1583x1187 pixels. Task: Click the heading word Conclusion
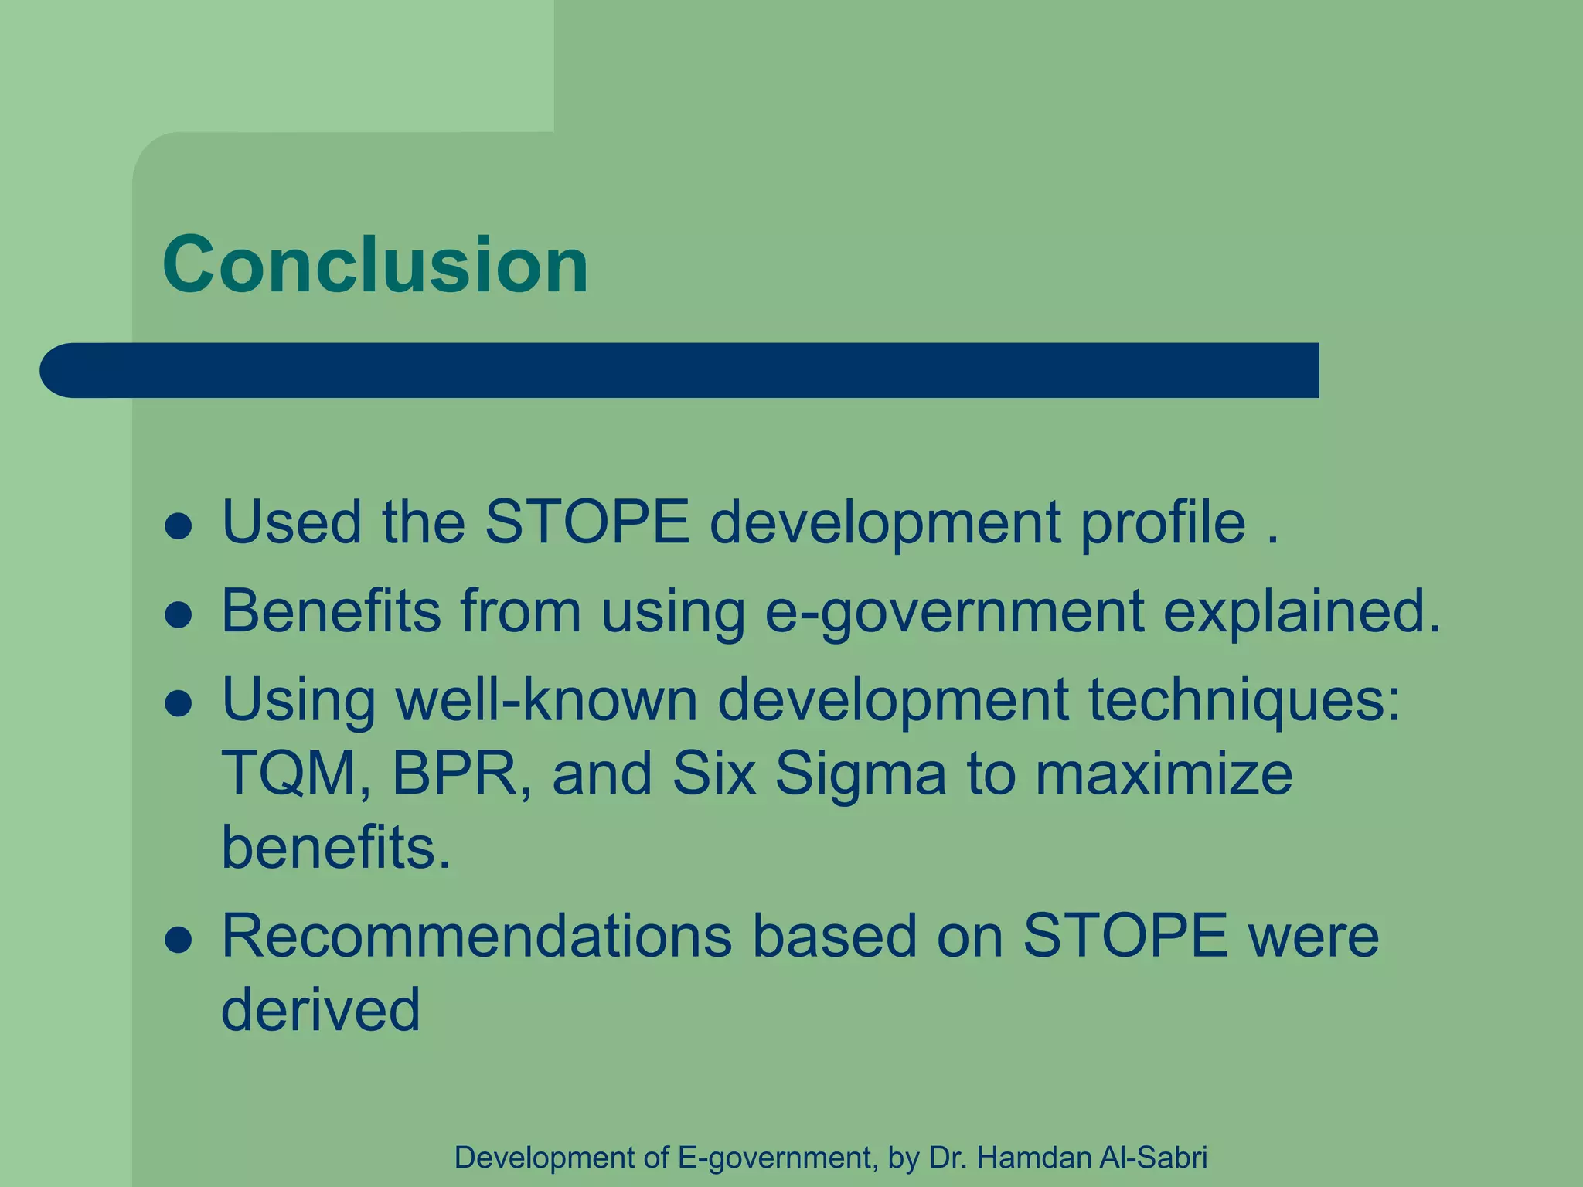pos(376,265)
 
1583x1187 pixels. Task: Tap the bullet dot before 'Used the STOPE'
pos(179,527)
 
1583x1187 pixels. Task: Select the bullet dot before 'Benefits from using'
pos(179,616)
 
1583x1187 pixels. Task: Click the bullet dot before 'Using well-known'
pos(179,704)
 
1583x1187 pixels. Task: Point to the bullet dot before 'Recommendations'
pos(179,940)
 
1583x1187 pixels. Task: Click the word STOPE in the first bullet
pos(587,522)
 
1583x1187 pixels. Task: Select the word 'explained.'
pos(1302,612)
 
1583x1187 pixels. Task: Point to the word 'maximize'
pos(1163,774)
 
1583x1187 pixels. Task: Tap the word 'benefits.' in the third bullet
pos(336,848)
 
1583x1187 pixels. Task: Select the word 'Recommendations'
pos(477,936)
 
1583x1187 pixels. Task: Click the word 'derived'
pos(321,1010)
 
